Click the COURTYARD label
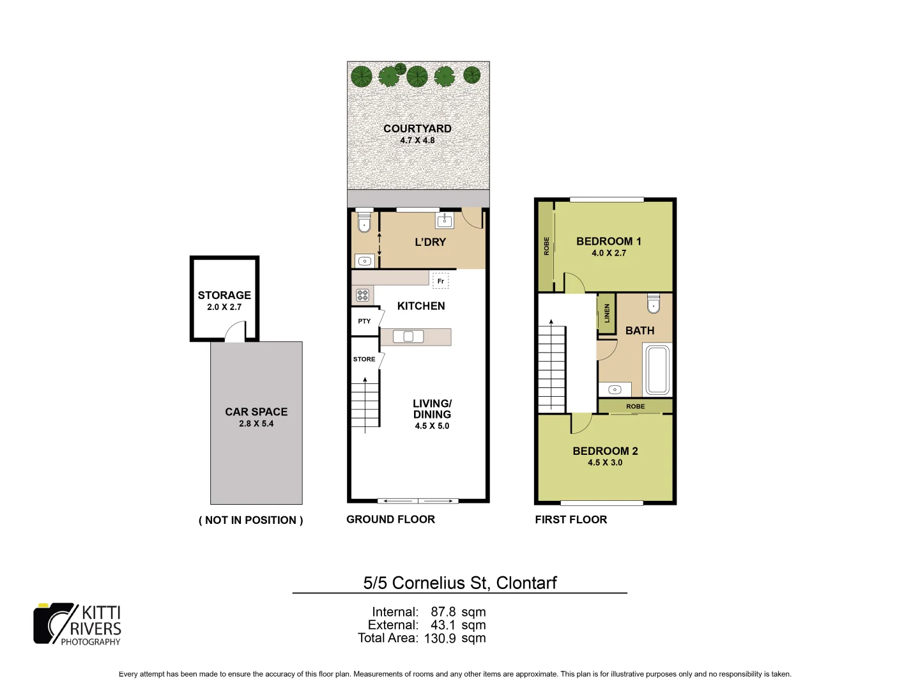(x=417, y=128)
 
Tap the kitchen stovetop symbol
(x=363, y=295)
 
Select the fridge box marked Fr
(x=441, y=281)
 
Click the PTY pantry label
(x=364, y=321)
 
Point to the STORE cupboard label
(x=364, y=359)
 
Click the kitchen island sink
(x=408, y=337)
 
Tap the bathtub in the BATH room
(x=657, y=370)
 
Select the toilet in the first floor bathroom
(x=654, y=303)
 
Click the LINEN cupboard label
(x=607, y=313)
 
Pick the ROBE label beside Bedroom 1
(x=546, y=246)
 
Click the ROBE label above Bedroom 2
(x=635, y=406)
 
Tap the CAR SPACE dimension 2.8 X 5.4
(x=256, y=424)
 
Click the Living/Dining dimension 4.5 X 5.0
(x=432, y=426)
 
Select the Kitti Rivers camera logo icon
(x=54, y=623)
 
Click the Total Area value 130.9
(x=440, y=638)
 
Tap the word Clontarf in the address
(x=526, y=583)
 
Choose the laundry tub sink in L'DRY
(x=445, y=221)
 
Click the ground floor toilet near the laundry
(x=364, y=221)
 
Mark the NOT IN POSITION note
(x=251, y=520)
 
